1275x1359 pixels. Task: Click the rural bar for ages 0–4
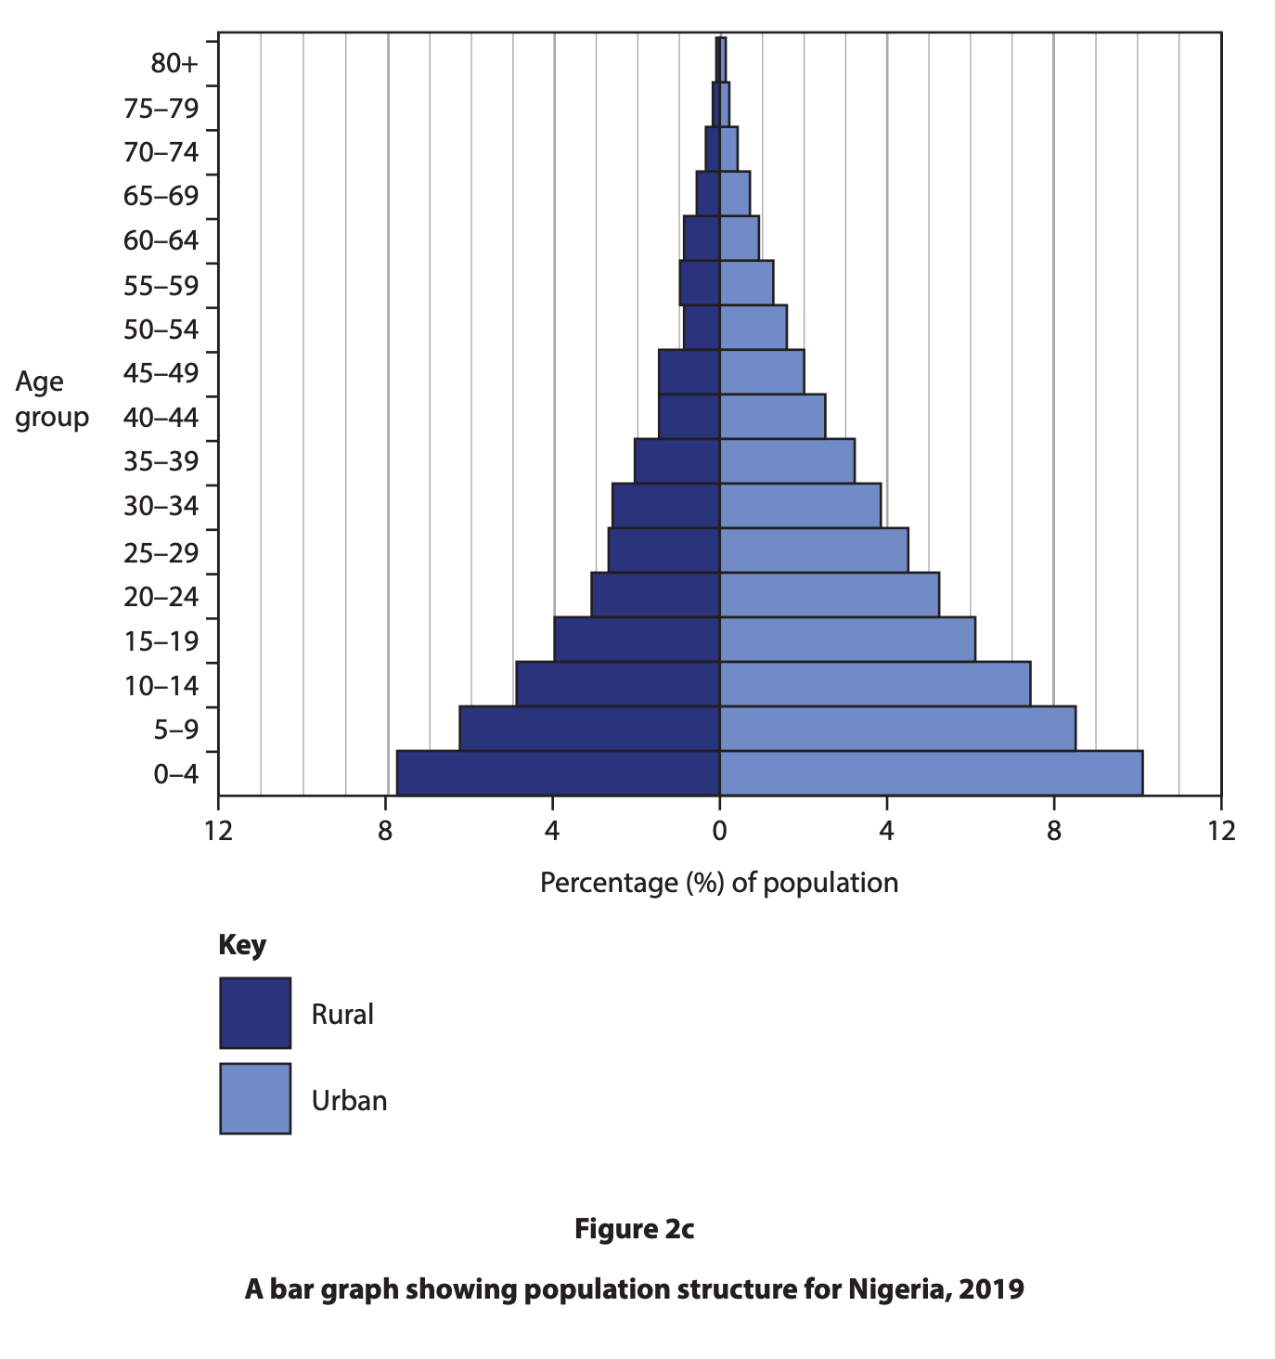pos(558,773)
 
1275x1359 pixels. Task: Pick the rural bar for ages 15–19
pos(637,640)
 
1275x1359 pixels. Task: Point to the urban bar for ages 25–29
pos(814,550)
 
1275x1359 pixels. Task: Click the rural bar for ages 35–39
pos(676,461)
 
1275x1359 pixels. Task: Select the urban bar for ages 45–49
pos(762,372)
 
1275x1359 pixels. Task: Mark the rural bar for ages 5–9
pos(589,729)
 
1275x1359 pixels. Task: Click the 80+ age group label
pos(174,64)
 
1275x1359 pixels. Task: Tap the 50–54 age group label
pos(161,330)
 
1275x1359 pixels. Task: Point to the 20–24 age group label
pos(161,597)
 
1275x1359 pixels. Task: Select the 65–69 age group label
pos(161,197)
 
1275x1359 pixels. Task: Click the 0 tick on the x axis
pos(719,831)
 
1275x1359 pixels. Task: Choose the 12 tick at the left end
pos(218,831)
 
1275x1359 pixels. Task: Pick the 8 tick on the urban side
pos(1053,831)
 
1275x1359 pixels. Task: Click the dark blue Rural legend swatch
pos(255,1013)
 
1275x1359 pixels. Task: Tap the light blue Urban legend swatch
pos(255,1099)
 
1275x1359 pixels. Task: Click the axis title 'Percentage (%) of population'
pos(719,883)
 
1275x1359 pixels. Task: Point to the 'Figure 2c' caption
pos(635,1230)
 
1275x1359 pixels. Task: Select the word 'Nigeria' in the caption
pos(895,1289)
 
